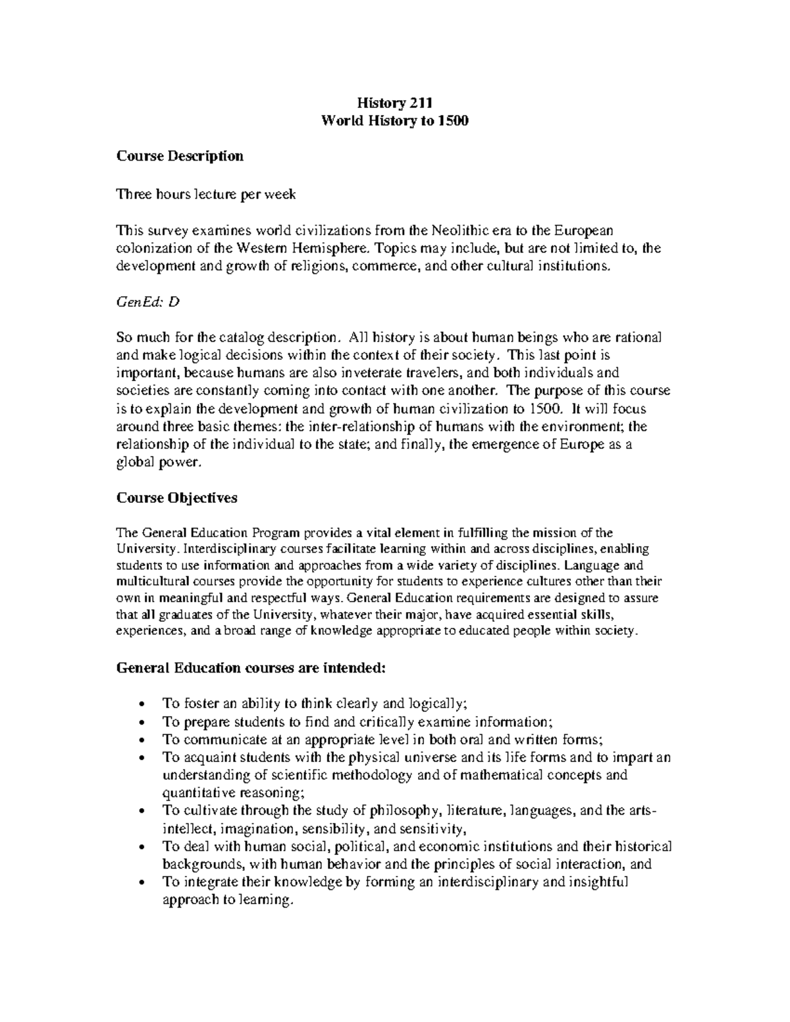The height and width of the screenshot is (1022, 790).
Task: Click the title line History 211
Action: (x=394, y=103)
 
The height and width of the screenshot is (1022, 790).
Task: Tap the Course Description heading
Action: (x=180, y=156)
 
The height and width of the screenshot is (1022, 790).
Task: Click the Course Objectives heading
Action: (x=176, y=498)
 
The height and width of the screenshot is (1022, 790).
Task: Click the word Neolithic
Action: (x=460, y=230)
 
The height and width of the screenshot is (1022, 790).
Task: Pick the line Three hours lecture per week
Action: (x=206, y=194)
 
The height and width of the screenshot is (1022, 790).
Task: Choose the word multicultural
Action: (x=153, y=582)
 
